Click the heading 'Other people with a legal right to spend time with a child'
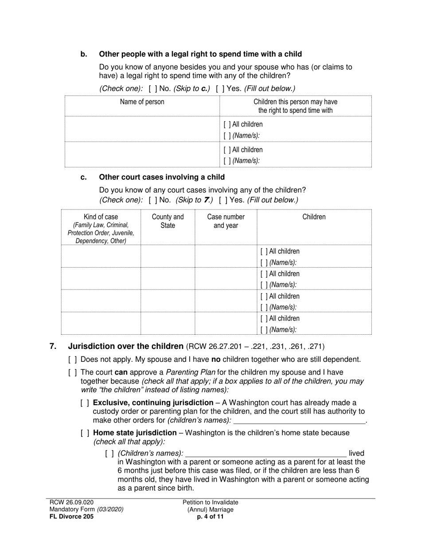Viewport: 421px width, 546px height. [x=200, y=54]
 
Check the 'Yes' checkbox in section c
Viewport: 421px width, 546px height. [x=222, y=200]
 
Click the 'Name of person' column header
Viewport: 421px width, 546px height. [x=142, y=102]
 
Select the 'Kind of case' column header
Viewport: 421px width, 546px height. [x=101, y=217]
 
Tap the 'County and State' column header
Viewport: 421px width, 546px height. [x=168, y=221]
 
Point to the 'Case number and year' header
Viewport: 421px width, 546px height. [x=226, y=221]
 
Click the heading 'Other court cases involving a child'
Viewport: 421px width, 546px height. [x=162, y=177]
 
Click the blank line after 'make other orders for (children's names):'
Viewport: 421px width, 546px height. [x=300, y=421]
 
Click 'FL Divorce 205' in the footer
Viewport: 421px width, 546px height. [x=71, y=517]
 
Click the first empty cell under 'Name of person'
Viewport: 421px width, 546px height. [x=142, y=129]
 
